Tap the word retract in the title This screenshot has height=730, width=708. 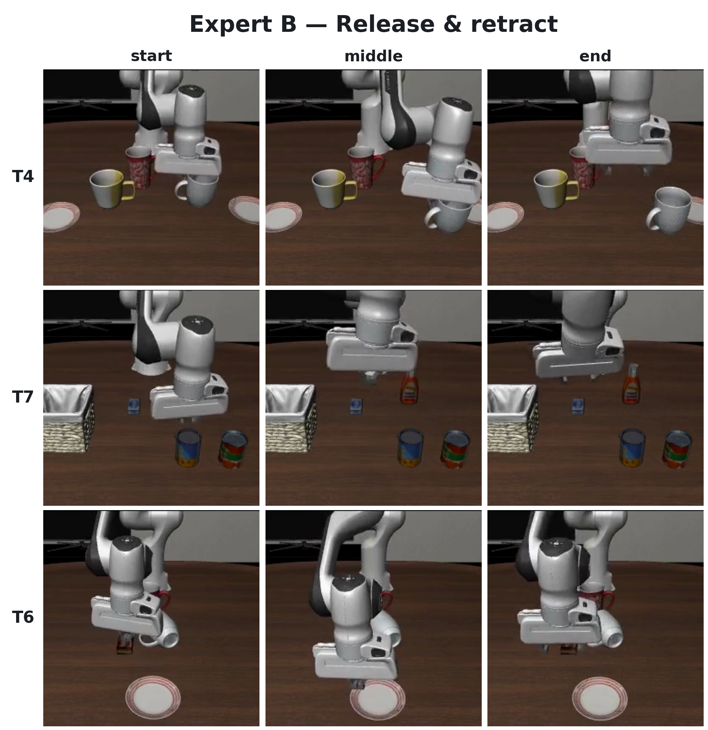(x=514, y=24)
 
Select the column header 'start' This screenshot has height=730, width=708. (x=151, y=56)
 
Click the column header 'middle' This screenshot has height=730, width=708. (x=373, y=56)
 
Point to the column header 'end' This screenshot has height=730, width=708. (x=595, y=56)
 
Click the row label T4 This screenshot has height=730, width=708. (x=23, y=176)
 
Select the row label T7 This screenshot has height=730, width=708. (x=23, y=397)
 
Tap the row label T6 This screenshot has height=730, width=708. (x=23, y=617)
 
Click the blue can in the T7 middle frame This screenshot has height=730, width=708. (x=410, y=447)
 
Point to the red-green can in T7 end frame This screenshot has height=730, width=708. (x=678, y=449)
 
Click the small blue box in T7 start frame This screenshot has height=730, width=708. (x=134, y=406)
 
